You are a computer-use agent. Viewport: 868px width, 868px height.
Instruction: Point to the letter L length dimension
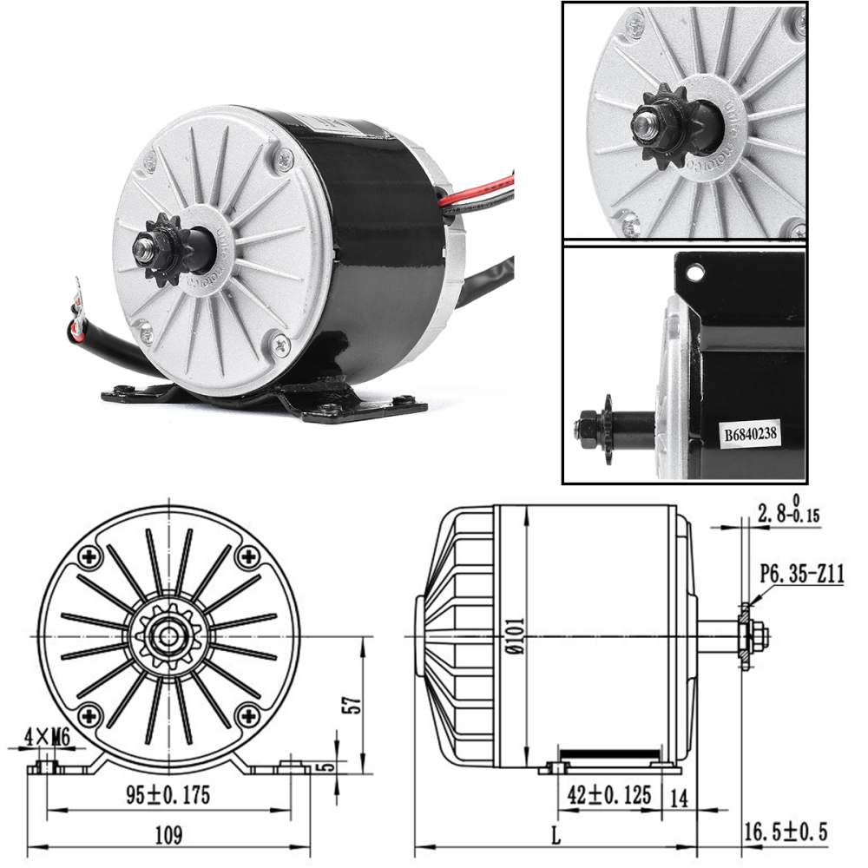pyautogui.click(x=556, y=837)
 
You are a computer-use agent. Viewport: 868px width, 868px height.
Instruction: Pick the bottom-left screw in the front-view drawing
pyautogui.click(x=87, y=716)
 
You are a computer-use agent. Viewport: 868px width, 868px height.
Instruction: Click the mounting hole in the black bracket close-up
pyautogui.click(x=694, y=274)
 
